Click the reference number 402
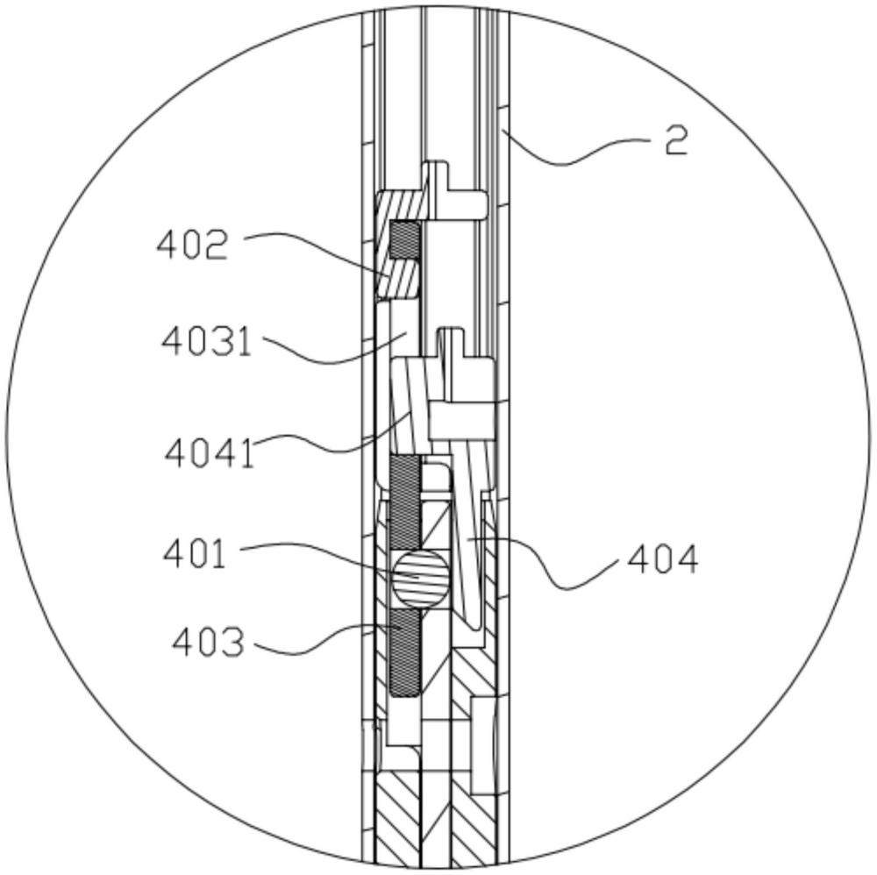click(192, 245)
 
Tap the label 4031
click(206, 341)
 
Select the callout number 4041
click(210, 453)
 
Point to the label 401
click(195, 555)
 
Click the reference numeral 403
click(208, 643)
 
